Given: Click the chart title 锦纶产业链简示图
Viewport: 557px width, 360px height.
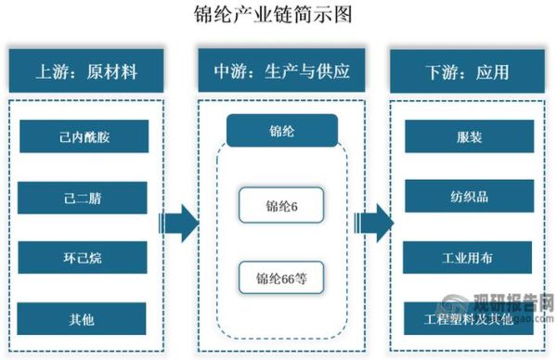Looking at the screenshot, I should (x=278, y=16).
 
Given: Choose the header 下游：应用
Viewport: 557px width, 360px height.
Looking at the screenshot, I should (x=469, y=71).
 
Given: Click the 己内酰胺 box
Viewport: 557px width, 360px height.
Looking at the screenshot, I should (x=84, y=136).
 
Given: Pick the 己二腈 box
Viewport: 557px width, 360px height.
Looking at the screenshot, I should (x=84, y=197).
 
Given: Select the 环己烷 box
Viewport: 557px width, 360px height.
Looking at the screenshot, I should (x=84, y=257).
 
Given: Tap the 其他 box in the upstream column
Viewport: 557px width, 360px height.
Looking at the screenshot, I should (x=84, y=318).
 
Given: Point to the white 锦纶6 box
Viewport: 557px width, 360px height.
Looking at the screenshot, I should (x=280, y=206).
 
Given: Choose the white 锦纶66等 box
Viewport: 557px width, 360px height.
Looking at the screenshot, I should (x=280, y=276).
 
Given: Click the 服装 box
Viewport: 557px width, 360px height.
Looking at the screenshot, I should (x=469, y=136).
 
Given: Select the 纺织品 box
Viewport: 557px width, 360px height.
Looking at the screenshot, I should (x=469, y=197).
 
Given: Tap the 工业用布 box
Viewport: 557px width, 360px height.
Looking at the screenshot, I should (x=469, y=257).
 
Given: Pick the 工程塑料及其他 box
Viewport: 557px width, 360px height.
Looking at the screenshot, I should (x=469, y=318).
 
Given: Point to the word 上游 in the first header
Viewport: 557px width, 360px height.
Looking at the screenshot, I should (x=50, y=71).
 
